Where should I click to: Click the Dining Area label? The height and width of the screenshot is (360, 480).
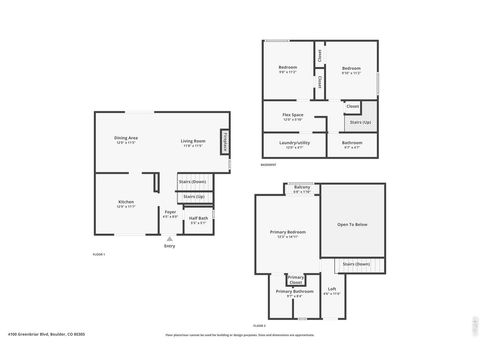pos(126,140)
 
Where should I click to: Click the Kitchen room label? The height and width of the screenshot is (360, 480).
pos(126,204)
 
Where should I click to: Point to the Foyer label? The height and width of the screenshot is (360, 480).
pos(170,213)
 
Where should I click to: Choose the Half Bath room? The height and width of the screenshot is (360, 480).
pos(199,219)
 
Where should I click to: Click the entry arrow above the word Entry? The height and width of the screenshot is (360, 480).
pos(169,240)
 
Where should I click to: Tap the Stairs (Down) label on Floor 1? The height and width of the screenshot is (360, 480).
pos(192,181)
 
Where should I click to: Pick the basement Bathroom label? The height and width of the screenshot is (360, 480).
pos(352,144)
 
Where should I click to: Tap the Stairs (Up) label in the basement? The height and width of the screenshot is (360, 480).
pos(360,121)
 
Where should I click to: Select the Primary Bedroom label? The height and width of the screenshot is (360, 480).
pos(288,233)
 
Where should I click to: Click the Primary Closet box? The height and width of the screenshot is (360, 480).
pos(296,279)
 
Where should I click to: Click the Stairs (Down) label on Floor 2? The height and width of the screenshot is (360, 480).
pos(355,264)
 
